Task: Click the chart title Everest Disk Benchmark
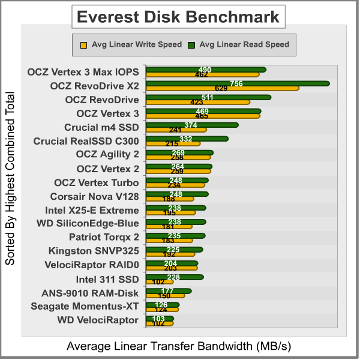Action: [179, 16]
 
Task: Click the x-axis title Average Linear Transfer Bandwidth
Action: [178, 346]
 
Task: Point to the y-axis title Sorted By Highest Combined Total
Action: [10, 179]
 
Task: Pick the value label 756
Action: [236, 83]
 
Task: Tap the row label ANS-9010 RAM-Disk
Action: [90, 293]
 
